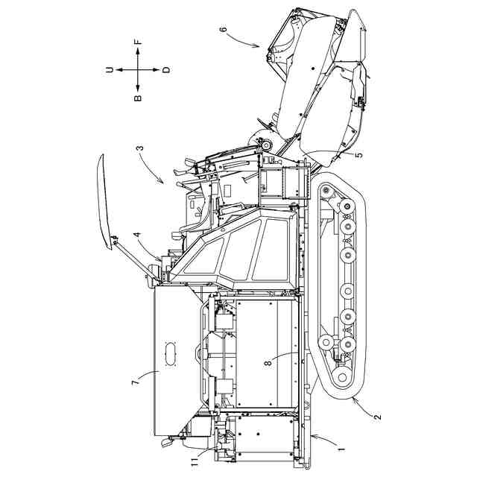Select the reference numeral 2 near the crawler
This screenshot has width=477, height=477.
tap(377, 418)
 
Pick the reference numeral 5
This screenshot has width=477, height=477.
tap(358, 155)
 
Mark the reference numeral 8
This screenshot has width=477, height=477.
tap(268, 365)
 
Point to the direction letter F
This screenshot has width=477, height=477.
tap(138, 42)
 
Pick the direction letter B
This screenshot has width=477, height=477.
tap(138, 97)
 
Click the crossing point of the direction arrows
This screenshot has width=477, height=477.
tap(138, 69)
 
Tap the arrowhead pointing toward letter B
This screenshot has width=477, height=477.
tap(138, 86)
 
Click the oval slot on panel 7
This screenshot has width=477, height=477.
tap(170, 353)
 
